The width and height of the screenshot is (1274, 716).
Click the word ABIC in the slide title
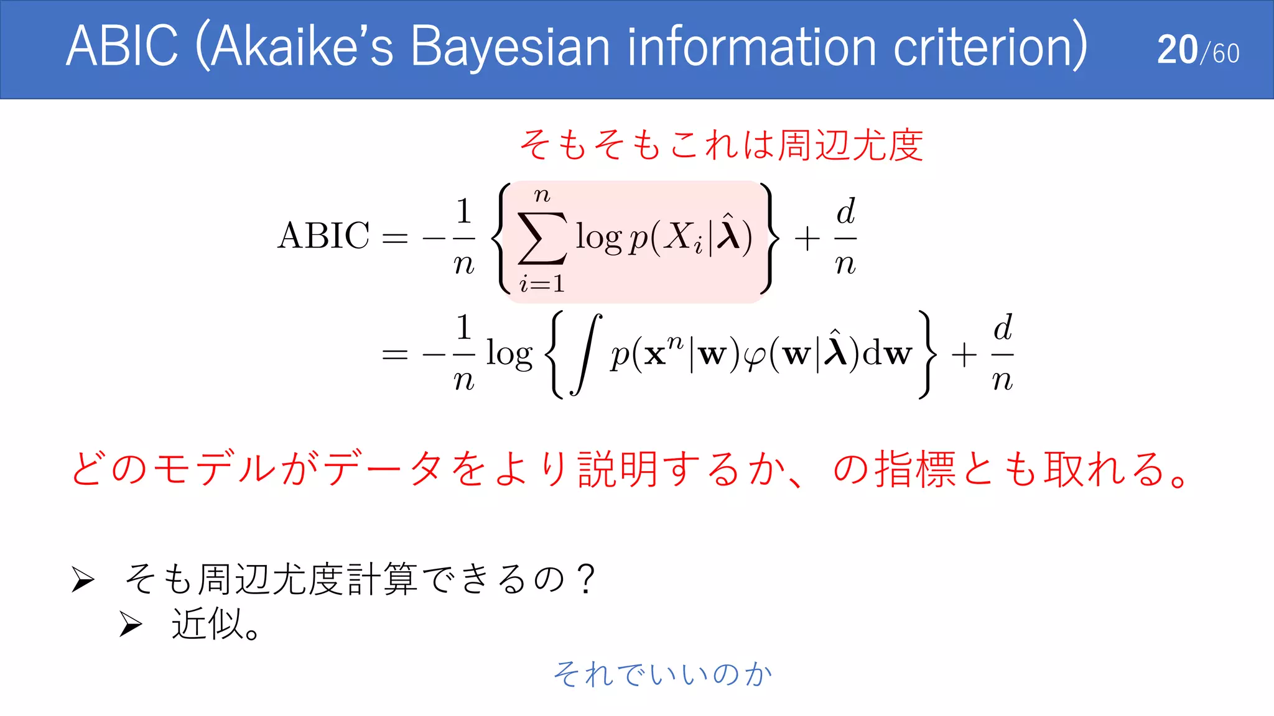pyautogui.click(x=122, y=47)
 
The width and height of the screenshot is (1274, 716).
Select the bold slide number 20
pyautogui.click(x=1177, y=50)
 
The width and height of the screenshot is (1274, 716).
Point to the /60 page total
pyautogui.click(x=1221, y=53)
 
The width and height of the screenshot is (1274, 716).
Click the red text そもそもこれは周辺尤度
pyautogui.click(x=722, y=145)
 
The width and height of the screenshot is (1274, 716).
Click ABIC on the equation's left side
pyautogui.click(x=323, y=236)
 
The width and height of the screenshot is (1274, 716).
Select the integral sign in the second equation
pyautogui.click(x=586, y=354)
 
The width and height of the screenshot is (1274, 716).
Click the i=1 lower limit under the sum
pyautogui.click(x=542, y=284)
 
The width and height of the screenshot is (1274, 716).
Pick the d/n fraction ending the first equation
pyautogui.click(x=845, y=237)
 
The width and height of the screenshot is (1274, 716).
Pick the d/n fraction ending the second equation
pyautogui.click(x=1002, y=354)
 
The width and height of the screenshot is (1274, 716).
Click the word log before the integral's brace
pyautogui.click(x=509, y=354)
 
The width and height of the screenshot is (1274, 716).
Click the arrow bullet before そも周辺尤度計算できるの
pyautogui.click(x=83, y=579)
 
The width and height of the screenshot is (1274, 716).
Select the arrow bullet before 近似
pyautogui.click(x=131, y=624)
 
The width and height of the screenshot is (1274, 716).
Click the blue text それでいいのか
pyautogui.click(x=663, y=674)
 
